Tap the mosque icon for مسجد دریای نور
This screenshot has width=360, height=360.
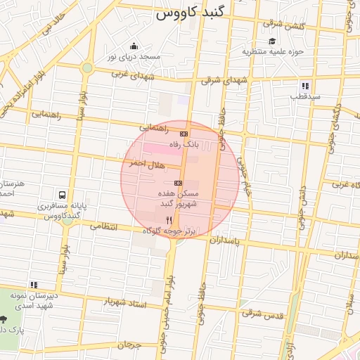[133, 46]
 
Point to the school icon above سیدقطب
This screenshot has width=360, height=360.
[305, 85]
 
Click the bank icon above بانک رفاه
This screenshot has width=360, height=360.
[184, 133]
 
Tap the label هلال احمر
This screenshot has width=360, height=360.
[146, 163]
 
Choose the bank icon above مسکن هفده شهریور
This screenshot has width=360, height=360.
[179, 183]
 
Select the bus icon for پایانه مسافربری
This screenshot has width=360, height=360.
[63, 194]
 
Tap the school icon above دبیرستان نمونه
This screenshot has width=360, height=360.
[32, 285]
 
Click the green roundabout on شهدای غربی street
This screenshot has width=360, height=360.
[87, 68]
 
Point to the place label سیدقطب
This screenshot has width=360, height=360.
[307, 96]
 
